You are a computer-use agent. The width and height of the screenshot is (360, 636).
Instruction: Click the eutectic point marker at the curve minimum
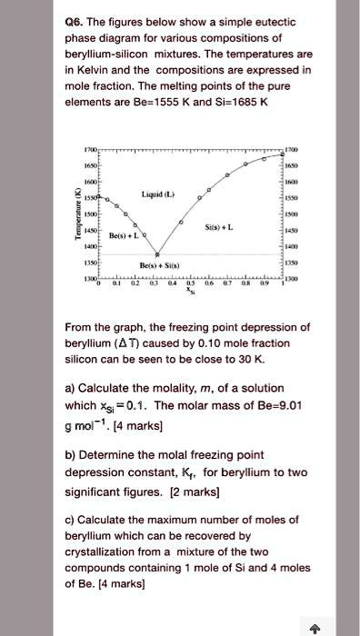tap(158, 255)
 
